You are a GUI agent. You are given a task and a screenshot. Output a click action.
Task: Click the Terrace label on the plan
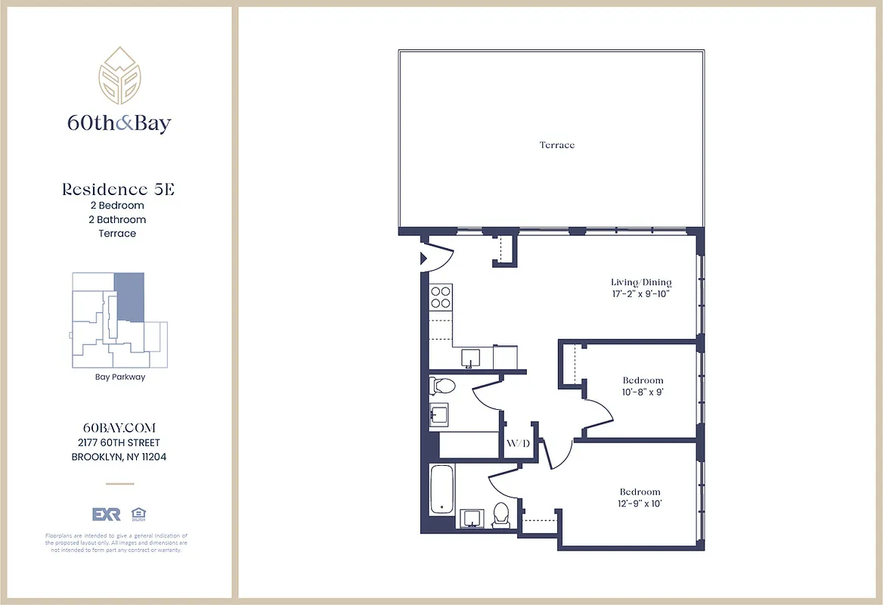556,144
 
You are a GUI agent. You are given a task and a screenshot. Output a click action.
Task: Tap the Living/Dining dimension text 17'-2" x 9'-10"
641,293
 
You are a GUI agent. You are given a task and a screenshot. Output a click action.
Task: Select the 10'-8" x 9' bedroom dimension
643,392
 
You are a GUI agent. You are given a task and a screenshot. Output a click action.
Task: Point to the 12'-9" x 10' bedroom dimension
640,504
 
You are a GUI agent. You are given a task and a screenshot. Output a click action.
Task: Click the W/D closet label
518,443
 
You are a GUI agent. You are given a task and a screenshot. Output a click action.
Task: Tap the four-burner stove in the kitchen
441,297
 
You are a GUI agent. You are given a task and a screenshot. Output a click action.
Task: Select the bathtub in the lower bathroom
442,489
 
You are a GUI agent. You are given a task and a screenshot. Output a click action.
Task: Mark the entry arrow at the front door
425,258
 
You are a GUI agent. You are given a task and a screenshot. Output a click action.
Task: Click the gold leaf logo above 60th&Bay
119,76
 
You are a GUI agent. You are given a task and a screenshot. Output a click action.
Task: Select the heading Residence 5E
118,190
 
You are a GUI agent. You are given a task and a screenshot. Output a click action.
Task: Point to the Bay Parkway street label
119,377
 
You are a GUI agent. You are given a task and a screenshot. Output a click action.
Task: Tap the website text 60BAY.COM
119,428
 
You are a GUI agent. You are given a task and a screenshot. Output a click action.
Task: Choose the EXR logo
107,514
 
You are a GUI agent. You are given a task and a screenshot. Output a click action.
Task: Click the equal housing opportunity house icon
138,514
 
